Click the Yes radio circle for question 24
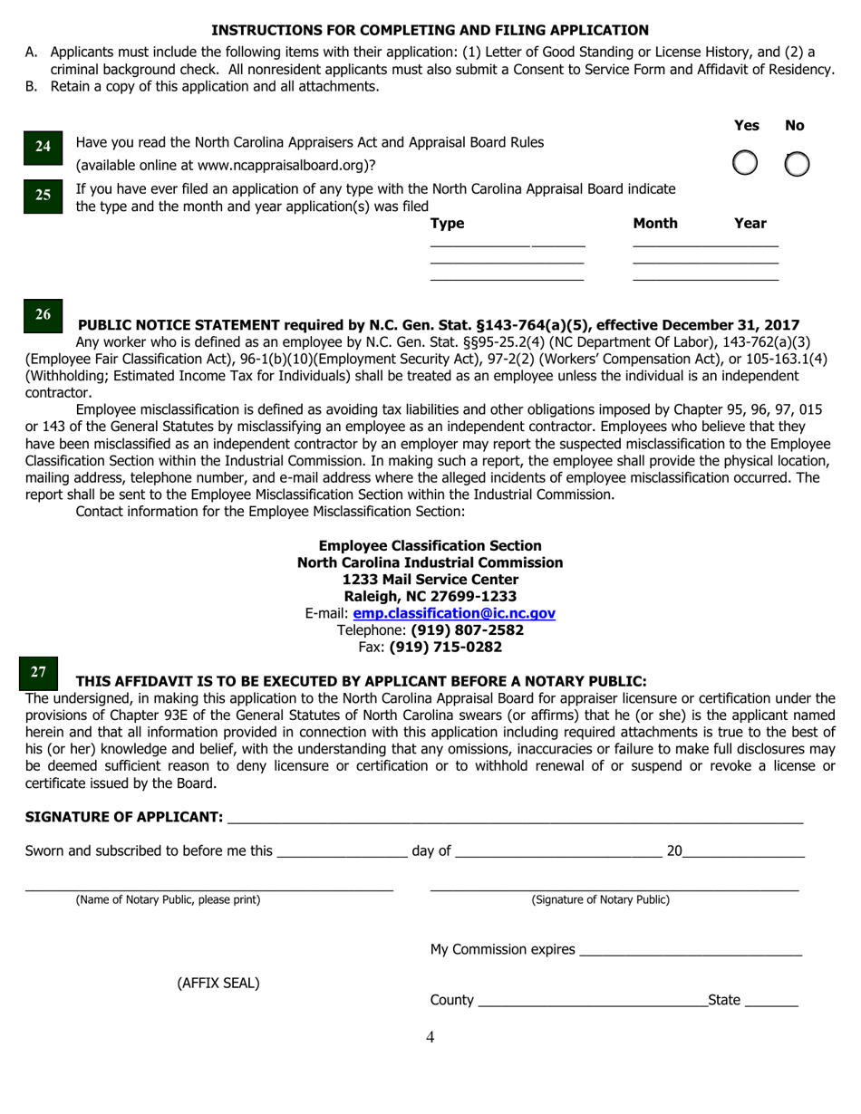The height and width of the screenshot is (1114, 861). (744, 163)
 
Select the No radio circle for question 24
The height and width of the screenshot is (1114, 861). (796, 163)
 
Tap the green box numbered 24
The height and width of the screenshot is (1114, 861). (43, 147)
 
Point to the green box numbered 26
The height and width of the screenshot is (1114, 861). (43, 315)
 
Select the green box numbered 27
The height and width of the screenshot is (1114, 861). (39, 672)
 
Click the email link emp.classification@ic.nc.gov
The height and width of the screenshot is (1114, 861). (453, 613)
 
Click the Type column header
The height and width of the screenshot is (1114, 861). (447, 224)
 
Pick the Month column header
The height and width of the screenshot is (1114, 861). (654, 224)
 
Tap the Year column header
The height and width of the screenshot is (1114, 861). (750, 224)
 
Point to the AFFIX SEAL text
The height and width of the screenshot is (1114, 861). (218, 983)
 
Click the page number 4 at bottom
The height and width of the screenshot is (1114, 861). (430, 1037)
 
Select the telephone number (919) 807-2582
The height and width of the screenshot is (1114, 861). (467, 629)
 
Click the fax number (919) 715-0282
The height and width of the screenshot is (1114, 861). (445, 647)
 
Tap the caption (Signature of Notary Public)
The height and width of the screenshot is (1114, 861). (600, 899)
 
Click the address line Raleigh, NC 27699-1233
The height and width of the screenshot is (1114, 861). (430, 596)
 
